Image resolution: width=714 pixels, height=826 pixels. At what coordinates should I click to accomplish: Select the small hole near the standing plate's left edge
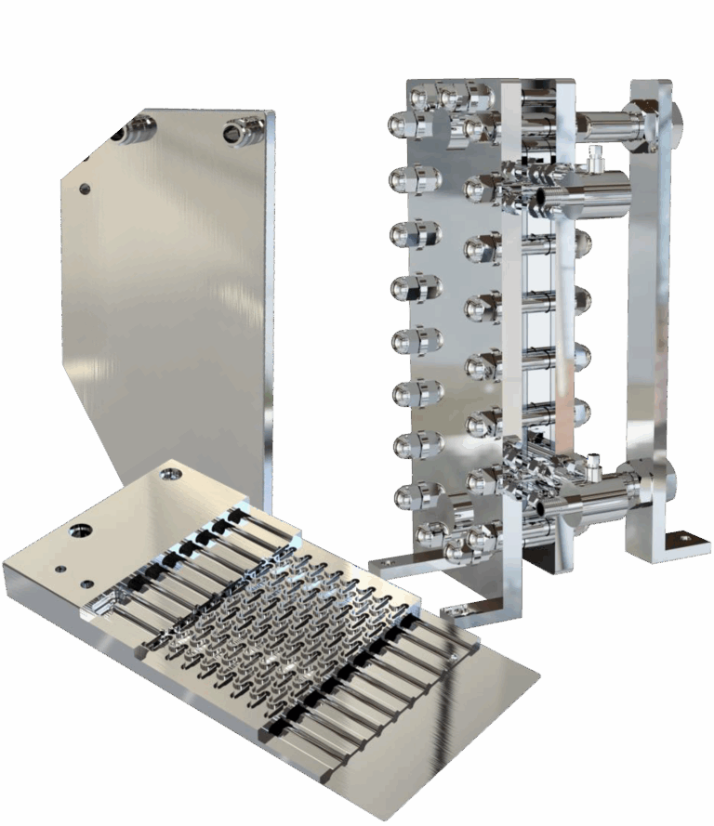click(85, 189)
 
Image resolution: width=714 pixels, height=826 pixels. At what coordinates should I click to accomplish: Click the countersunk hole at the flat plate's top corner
click(170, 474)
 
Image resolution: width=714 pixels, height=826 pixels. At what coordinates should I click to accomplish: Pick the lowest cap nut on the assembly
click(460, 553)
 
